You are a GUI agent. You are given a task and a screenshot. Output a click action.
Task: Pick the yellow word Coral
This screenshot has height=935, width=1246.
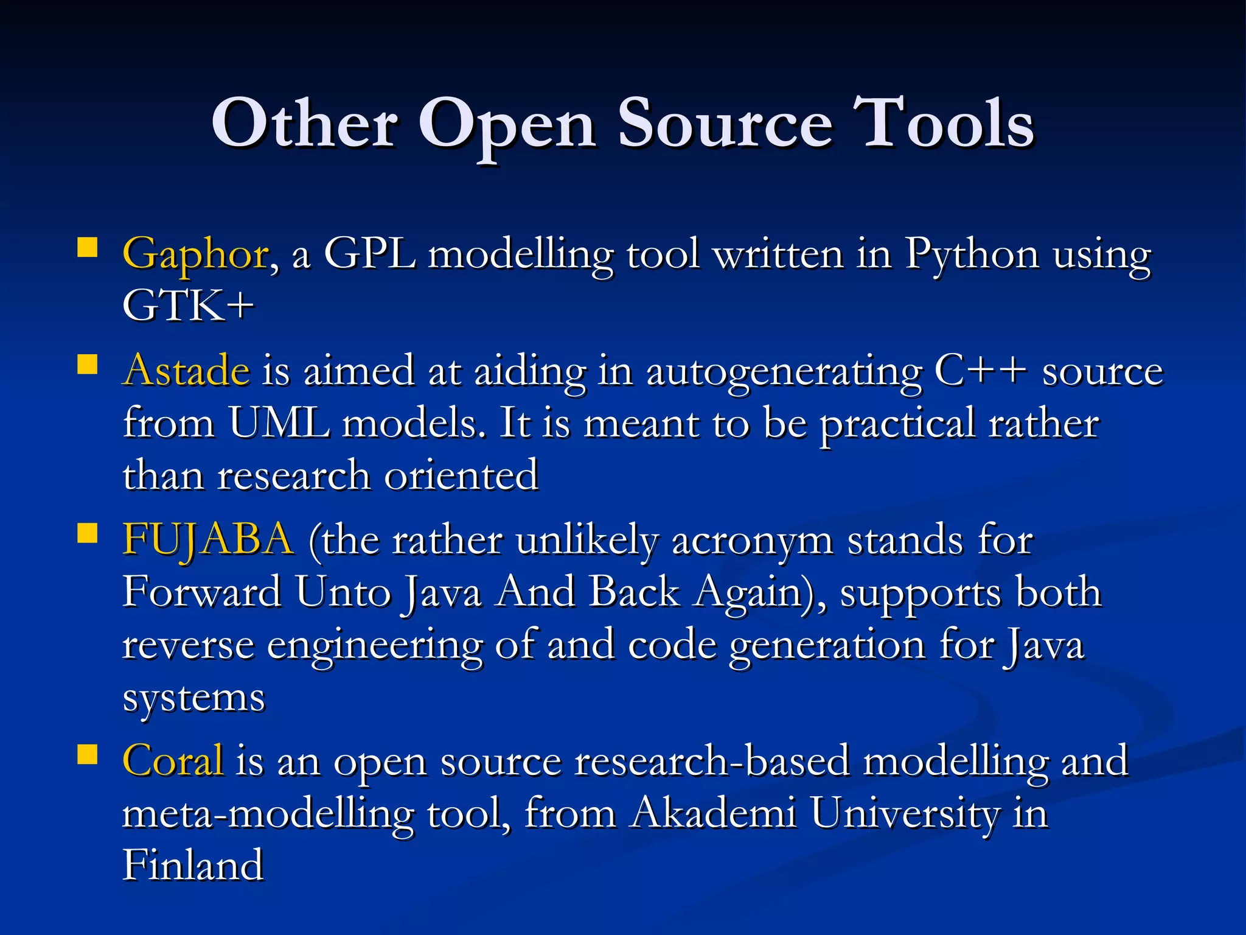click(x=173, y=760)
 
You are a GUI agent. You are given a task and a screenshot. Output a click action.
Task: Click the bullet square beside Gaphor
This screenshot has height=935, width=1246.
click(x=88, y=248)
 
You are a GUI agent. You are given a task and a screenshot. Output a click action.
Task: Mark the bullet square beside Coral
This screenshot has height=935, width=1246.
click(x=88, y=754)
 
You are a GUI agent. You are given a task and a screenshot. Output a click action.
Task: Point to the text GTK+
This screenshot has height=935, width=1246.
click(x=188, y=306)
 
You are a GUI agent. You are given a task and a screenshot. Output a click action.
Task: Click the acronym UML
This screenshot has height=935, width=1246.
click(x=279, y=423)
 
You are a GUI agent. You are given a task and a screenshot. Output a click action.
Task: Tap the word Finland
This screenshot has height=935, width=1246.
click(x=193, y=864)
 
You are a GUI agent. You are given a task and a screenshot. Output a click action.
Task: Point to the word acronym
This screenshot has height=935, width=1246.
click(x=753, y=541)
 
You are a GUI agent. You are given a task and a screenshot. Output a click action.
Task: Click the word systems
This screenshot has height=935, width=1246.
click(x=194, y=698)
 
